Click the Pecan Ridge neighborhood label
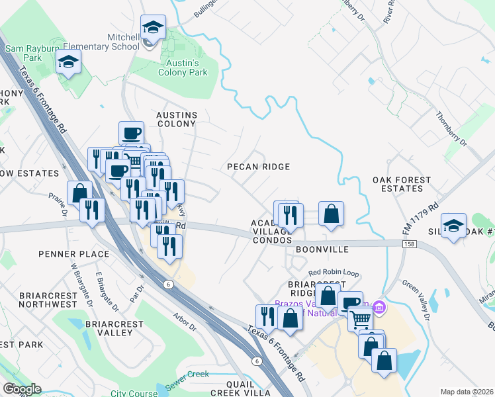pos(258,167)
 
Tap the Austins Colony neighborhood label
pos(176,119)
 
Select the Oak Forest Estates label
pos(401,184)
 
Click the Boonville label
pos(322,250)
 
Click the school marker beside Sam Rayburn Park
pos(68,62)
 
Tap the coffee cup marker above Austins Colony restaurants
pos(131,132)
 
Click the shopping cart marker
pos(360,320)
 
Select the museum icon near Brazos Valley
pos(379,307)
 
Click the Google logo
pos(22,389)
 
